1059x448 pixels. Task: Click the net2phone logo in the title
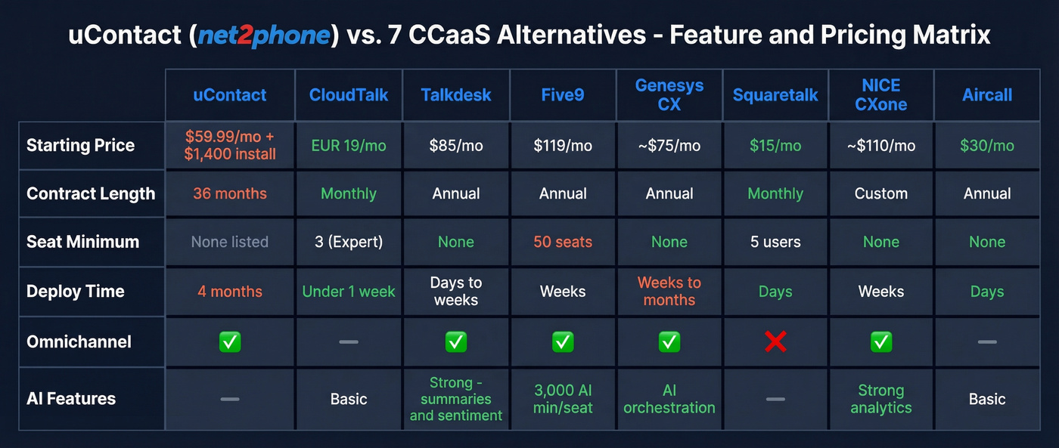[x=265, y=36]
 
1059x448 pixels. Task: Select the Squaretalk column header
[x=775, y=95]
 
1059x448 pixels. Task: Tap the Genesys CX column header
[x=669, y=95]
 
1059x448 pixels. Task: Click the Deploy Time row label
[x=76, y=292]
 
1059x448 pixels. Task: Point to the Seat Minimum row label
[x=83, y=243]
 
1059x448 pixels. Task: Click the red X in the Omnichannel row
[x=775, y=341]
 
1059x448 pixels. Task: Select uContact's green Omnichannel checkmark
[x=230, y=341]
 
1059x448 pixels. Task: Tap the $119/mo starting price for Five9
[x=563, y=146]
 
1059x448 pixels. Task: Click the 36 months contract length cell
[x=230, y=193]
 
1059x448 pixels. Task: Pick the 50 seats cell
[x=563, y=243]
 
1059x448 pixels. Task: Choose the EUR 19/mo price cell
[x=349, y=146]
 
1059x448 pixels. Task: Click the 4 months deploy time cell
[x=230, y=292]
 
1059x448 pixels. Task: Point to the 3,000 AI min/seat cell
[x=563, y=399]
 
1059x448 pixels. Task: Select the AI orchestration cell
[x=669, y=399]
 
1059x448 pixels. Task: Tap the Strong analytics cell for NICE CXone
[x=881, y=399]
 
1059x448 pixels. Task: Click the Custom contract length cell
[x=881, y=193]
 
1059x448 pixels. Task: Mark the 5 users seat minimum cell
[x=775, y=243]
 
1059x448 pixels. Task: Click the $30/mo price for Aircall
[x=987, y=146]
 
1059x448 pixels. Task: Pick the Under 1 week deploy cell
[x=349, y=292]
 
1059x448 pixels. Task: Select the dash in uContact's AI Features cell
[x=230, y=399]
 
